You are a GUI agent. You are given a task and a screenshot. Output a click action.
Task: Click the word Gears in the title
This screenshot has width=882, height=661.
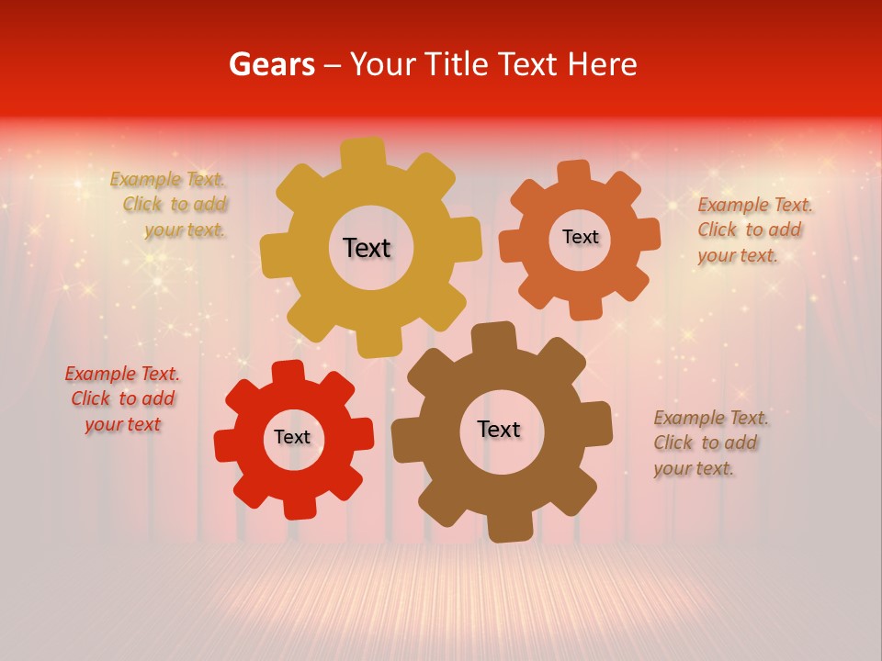271,64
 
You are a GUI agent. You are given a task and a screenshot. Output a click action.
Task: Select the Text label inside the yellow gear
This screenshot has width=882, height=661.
367,248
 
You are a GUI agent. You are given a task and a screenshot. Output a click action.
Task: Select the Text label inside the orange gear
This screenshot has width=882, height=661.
581,237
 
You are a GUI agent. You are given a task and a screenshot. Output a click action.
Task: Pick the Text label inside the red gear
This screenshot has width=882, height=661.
292,437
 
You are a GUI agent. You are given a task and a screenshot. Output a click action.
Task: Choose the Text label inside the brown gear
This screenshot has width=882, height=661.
499,429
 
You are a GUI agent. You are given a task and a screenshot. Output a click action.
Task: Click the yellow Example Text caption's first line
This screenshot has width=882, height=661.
167,180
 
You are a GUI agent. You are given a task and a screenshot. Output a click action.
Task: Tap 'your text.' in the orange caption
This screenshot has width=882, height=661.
738,255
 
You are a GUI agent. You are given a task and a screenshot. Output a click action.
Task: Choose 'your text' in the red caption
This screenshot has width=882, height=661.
122,424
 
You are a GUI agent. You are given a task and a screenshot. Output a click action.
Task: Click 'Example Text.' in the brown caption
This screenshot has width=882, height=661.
711,419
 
